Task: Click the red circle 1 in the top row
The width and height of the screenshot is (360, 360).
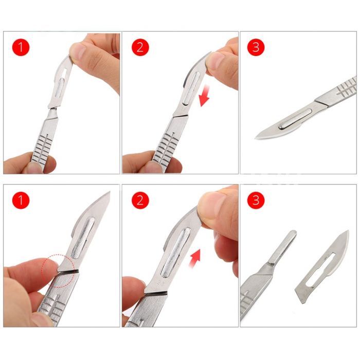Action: point(21,47)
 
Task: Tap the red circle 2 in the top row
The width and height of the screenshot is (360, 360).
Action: point(140,47)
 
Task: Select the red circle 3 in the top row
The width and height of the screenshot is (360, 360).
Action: point(256,47)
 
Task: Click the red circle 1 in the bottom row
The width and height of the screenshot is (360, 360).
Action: point(21,200)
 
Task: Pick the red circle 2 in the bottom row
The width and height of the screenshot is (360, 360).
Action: point(140,200)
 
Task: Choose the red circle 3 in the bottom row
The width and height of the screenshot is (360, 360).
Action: point(256,200)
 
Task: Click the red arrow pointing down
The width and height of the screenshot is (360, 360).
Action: point(204,96)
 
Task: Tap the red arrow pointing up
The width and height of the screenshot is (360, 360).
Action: point(195,259)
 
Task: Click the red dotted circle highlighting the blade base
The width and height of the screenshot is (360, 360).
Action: point(58,271)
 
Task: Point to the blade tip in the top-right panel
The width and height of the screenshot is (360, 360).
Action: point(255,138)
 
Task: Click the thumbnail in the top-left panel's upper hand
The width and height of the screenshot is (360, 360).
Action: point(77,50)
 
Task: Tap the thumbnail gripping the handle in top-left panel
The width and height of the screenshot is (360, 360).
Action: point(34,168)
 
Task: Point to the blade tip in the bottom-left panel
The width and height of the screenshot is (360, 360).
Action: point(109,192)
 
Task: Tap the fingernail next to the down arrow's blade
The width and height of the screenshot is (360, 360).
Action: point(214,61)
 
